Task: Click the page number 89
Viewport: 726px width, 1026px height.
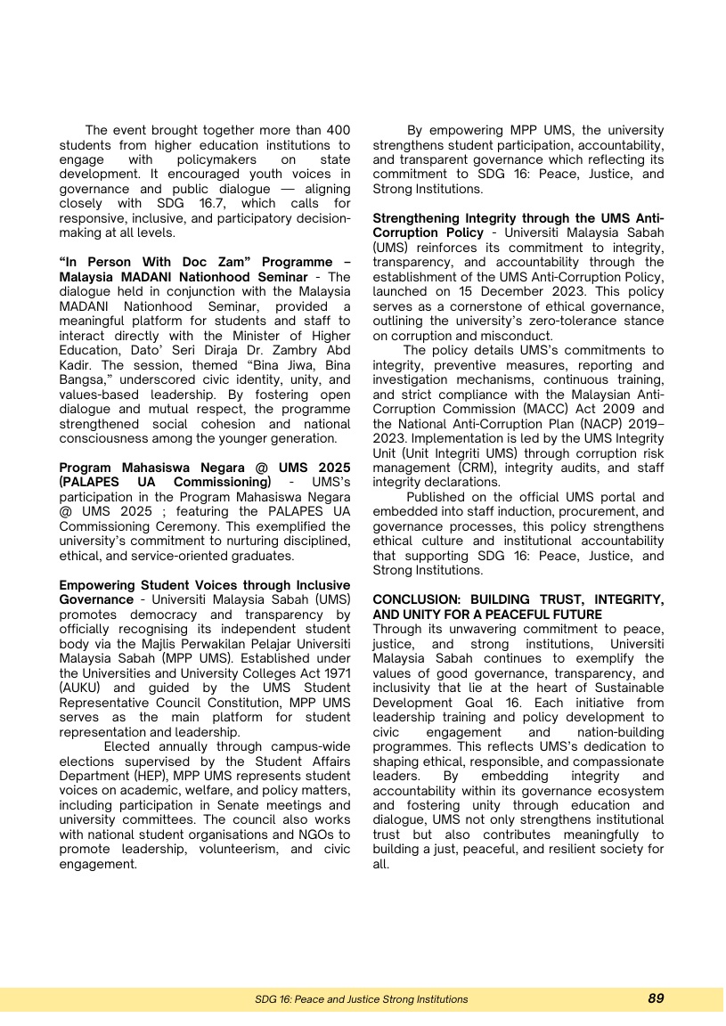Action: (656, 998)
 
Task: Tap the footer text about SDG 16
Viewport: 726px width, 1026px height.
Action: (361, 999)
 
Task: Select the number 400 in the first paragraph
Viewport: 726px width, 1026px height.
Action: (338, 130)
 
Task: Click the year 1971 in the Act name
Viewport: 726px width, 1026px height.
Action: (335, 655)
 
